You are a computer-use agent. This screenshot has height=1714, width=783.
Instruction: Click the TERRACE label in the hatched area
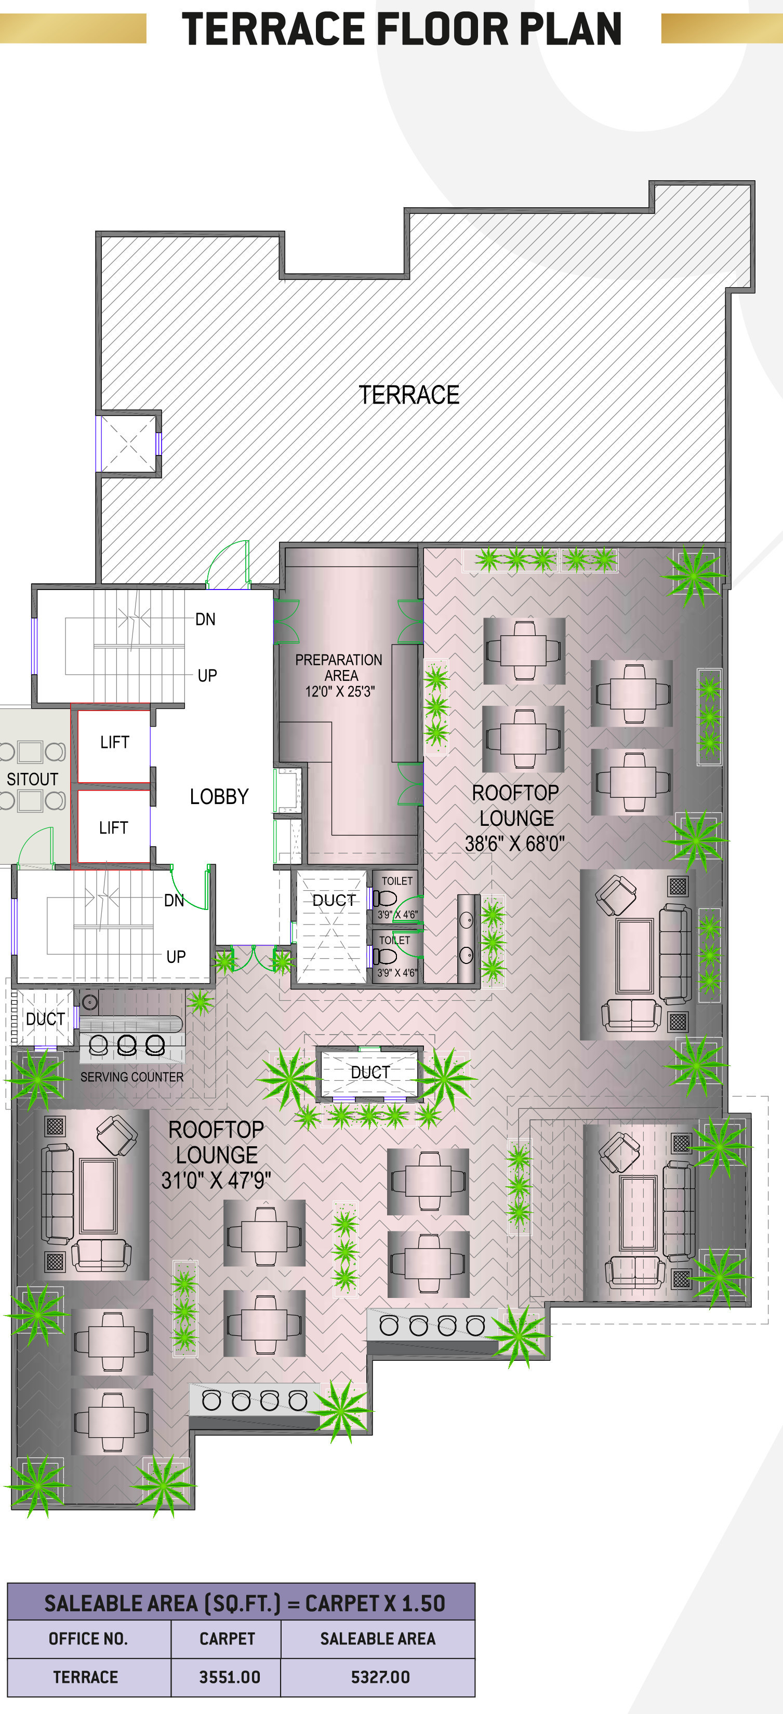[x=409, y=395]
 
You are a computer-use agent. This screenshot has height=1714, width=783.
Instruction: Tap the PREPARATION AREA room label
[x=339, y=667]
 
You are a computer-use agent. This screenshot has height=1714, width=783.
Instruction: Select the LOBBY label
[x=219, y=796]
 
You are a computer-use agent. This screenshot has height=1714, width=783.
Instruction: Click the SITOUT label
[x=32, y=779]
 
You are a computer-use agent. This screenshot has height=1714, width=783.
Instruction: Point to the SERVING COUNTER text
[x=132, y=1077]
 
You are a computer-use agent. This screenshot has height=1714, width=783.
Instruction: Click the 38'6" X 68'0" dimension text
[x=515, y=843]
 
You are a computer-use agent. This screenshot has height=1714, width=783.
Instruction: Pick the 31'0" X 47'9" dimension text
[x=216, y=1181]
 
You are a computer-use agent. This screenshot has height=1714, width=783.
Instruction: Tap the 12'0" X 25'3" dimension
[x=340, y=691]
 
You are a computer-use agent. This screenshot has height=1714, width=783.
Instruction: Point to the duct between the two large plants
[x=370, y=1073]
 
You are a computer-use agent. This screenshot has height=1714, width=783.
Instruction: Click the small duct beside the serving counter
[x=44, y=1018]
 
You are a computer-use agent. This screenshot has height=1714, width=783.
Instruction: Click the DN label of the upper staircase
[x=205, y=620]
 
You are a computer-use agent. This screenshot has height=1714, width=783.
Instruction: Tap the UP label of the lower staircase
[x=176, y=957]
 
